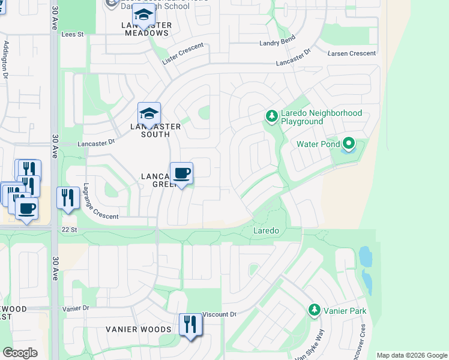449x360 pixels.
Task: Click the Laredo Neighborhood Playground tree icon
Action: pos(271,116)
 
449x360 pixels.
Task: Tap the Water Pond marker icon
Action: pos(349,144)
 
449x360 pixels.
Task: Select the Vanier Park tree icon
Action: pos(313,310)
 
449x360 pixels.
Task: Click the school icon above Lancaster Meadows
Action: pos(143,14)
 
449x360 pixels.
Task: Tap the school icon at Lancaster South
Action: pos(149,112)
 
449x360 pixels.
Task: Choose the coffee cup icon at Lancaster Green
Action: pos(181,173)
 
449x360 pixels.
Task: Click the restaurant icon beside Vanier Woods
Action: pos(190,325)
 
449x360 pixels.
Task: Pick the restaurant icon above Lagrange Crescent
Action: pos(68,197)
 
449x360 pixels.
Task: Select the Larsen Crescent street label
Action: pos(352,53)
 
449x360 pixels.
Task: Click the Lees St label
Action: pos(70,35)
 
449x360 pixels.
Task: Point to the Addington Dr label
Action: pos(6,60)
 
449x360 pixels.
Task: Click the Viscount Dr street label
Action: pos(219,314)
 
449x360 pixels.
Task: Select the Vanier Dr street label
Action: pos(76,308)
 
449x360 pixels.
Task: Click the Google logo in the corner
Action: pos(20,353)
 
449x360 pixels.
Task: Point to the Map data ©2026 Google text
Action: pos(411,355)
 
